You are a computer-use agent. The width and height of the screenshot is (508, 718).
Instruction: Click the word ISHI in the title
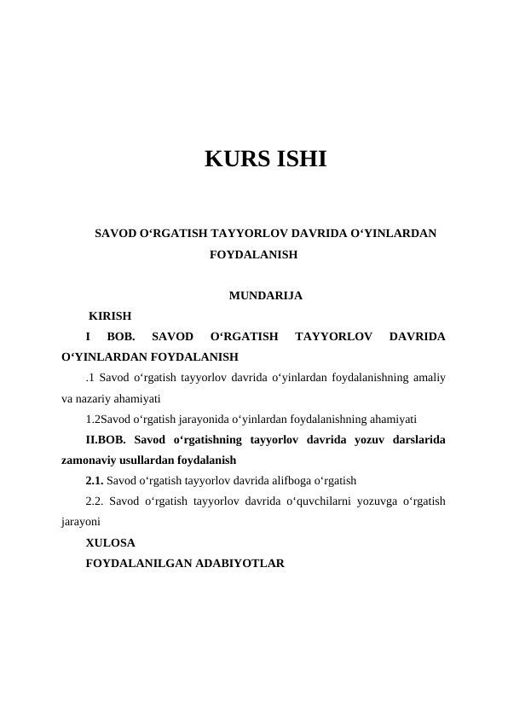(297, 159)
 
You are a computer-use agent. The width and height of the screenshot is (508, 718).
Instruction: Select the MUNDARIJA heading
(265, 296)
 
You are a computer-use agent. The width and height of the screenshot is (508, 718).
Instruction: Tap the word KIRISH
(110, 316)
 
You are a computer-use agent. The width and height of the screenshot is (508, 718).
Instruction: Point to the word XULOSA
(110, 541)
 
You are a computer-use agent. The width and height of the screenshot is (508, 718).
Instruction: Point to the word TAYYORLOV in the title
(251, 232)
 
